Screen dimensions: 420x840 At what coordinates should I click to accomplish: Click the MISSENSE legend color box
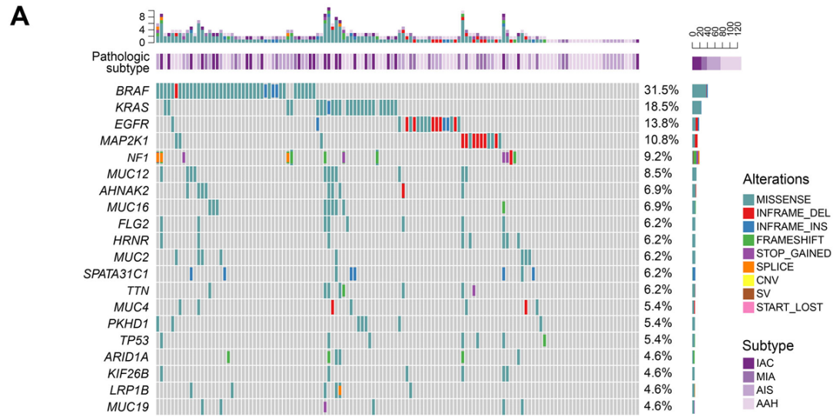[x=749, y=199]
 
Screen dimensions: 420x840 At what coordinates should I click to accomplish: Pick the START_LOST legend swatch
[x=749, y=307]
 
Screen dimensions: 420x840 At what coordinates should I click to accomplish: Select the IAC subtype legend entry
[x=764, y=362]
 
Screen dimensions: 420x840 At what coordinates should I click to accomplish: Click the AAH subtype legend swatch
[x=749, y=403]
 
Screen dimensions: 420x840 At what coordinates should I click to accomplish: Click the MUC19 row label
[x=128, y=406]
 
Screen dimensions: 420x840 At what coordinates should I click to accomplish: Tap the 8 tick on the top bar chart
[x=141, y=15]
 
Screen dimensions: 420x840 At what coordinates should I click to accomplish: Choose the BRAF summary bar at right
[x=699, y=91]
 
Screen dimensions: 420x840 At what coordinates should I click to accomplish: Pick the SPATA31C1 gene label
[x=116, y=273]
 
